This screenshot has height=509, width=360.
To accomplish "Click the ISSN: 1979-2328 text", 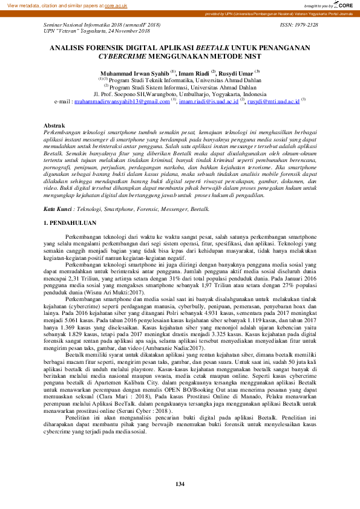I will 299,24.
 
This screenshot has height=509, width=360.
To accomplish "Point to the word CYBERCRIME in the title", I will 123,55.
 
